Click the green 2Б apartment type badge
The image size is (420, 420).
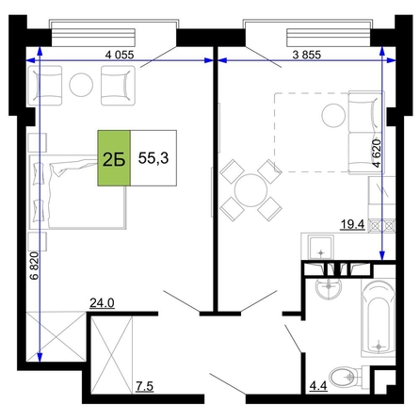pos(114,158)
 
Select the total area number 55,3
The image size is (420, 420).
pos(153,158)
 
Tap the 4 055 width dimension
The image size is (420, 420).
pos(120,55)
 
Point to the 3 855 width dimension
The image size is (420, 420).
pos(307,55)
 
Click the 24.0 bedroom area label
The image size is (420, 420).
pos(102,303)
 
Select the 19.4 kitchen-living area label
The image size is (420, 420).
pos(353,225)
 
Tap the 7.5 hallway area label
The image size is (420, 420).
pos(145,386)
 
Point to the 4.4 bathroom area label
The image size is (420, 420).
pos(318,386)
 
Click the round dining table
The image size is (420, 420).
pos(250,190)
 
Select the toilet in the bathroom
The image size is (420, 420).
pos(346,377)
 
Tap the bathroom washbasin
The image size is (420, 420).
pos(329,287)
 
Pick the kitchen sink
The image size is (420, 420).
pos(321,248)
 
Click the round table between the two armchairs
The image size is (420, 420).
pos(81,85)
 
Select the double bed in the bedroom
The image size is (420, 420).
pos(78,191)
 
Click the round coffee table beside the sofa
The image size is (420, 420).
pos(333,115)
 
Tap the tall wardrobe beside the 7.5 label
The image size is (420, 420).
pos(112,354)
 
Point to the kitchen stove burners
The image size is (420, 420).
pos(381,225)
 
